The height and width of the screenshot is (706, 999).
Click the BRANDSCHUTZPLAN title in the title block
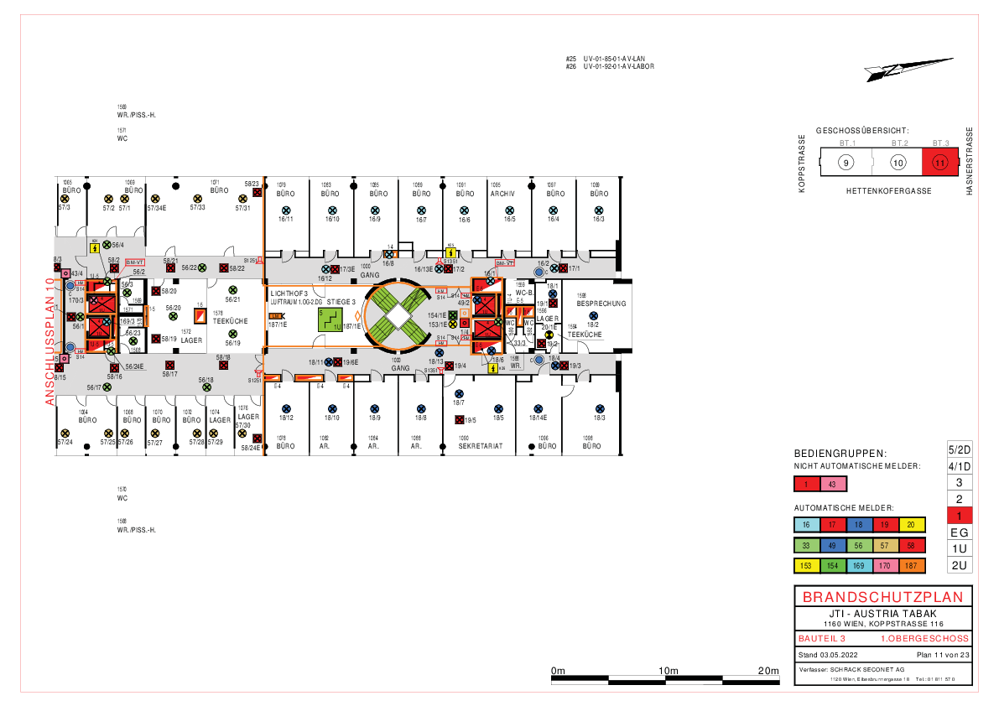(884, 597)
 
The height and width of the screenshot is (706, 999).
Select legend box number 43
(832, 484)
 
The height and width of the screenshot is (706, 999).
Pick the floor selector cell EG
(959, 532)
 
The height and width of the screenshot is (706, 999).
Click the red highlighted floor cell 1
(959, 516)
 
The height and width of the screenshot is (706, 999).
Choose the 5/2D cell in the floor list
(959, 449)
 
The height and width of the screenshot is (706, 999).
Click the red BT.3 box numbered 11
(939, 163)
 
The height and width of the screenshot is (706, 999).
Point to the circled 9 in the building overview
(846, 163)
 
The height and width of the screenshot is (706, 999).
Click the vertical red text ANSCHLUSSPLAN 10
(50, 342)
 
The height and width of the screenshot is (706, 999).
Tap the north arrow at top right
(919, 68)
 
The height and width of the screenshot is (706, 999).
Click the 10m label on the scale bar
(669, 671)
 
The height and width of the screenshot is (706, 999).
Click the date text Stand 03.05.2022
(827, 654)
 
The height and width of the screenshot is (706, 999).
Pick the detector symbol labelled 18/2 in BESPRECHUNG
(593, 314)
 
